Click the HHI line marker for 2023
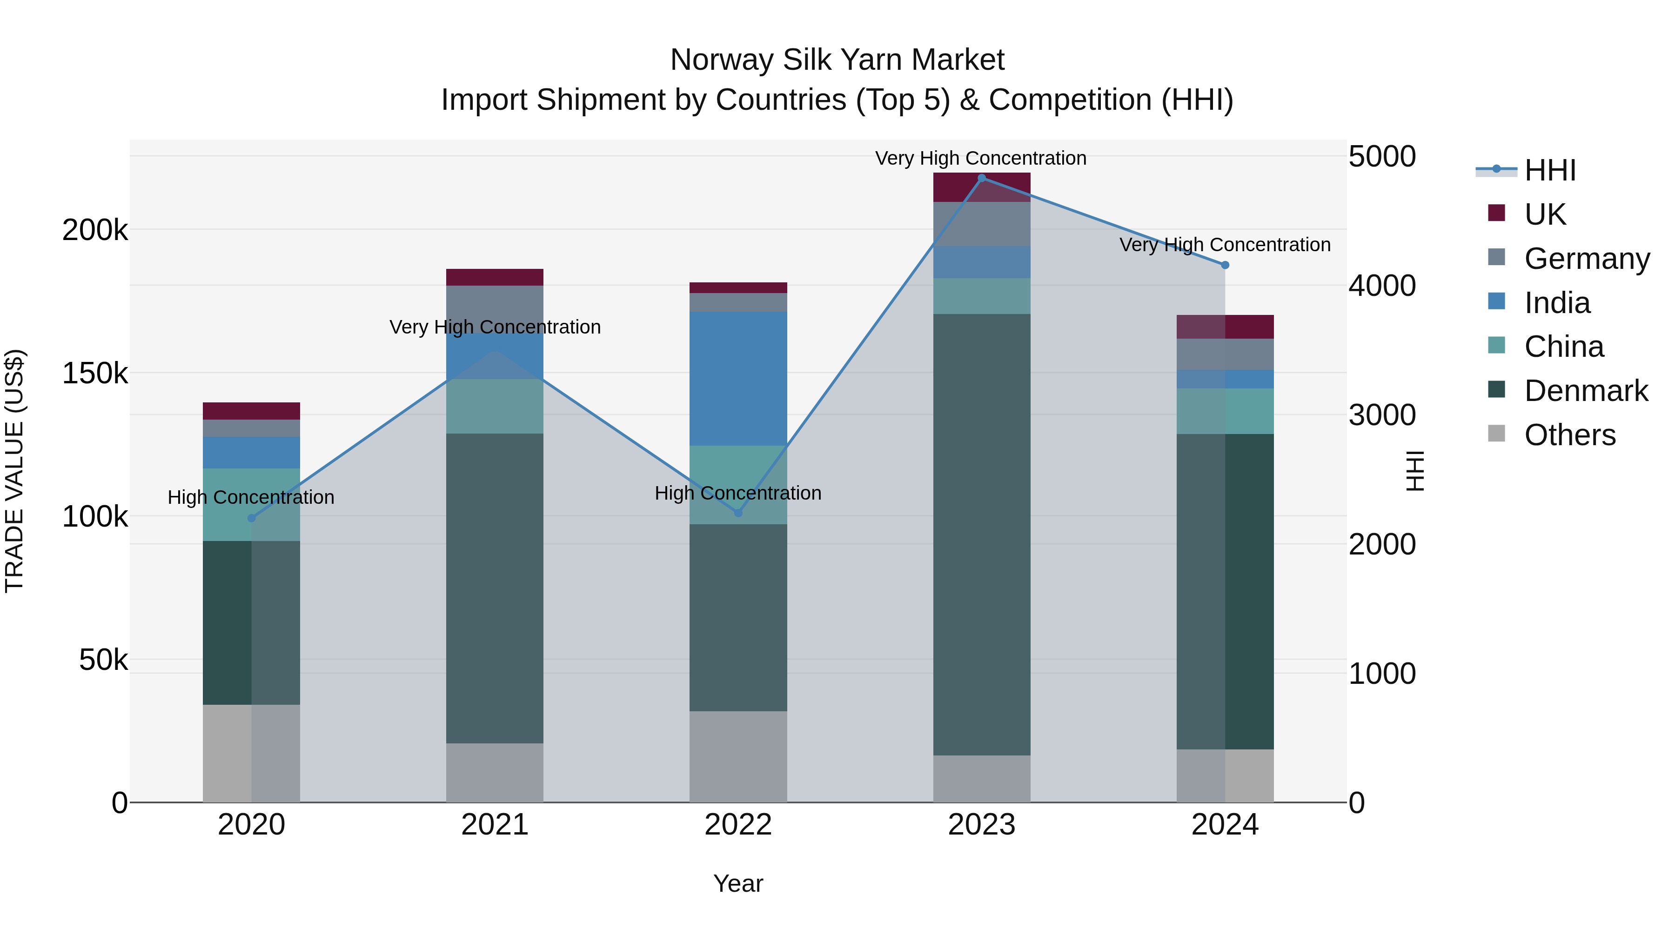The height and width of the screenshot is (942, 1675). coord(981,178)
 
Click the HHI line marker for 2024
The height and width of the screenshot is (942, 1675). coord(1225,265)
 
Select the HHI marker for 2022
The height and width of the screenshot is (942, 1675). coord(738,513)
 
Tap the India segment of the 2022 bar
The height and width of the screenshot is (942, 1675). coord(738,378)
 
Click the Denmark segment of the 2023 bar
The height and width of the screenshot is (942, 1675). coord(981,534)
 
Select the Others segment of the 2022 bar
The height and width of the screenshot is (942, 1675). coord(738,756)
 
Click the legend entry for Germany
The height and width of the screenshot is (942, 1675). coord(1586,259)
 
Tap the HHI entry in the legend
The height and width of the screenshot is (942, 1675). coord(1549,170)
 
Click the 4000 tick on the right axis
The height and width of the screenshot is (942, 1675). coord(1382,286)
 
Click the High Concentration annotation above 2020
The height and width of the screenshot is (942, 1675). coord(251,497)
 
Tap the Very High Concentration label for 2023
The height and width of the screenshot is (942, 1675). coord(980,158)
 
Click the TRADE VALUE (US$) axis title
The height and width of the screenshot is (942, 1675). coord(14,471)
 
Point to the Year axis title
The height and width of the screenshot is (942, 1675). coord(738,883)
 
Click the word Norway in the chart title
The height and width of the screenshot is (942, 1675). coord(721,60)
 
